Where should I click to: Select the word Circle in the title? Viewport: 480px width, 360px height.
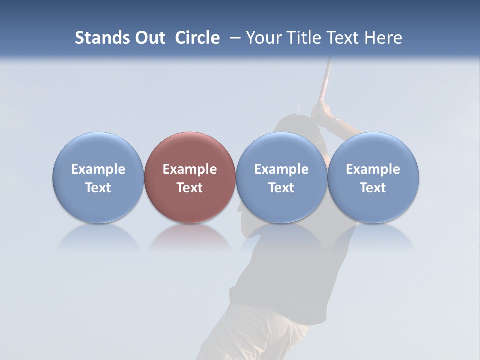[197, 38]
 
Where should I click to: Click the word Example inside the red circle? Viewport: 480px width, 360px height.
[190, 169]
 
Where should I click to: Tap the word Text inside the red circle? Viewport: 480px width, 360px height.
[190, 188]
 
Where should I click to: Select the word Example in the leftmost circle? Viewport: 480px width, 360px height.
[98, 169]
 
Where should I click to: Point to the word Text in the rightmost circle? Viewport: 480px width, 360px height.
[373, 188]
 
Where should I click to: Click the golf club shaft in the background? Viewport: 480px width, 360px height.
[326, 75]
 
